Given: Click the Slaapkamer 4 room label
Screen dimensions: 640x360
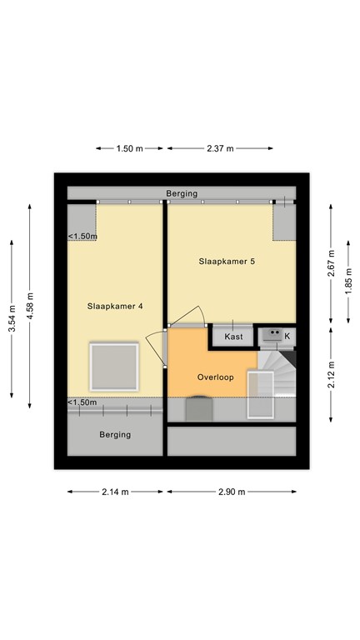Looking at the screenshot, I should click(115, 306).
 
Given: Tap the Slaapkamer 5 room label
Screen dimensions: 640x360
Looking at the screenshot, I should click(227, 261).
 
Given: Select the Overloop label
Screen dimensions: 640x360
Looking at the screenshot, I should click(215, 377).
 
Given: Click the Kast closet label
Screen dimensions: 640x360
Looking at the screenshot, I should click(233, 337).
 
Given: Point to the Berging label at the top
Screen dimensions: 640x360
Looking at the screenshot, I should click(182, 193).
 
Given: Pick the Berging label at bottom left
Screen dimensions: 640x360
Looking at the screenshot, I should click(115, 434).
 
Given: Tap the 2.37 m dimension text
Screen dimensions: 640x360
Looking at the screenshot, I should click(220, 148).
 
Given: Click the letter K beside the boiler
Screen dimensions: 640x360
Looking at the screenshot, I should click(287, 336).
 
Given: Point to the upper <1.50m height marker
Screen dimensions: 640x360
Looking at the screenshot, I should click(82, 236).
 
